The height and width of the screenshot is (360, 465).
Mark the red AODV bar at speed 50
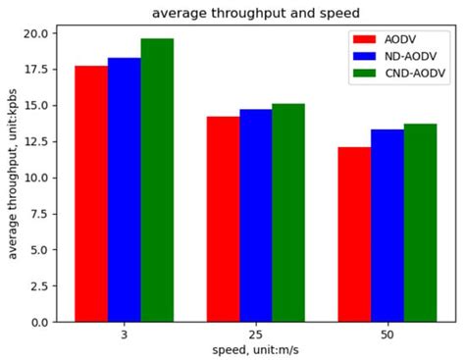[355, 234]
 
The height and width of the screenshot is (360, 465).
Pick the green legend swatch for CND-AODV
[365, 74]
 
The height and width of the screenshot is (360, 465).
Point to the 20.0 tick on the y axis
[35, 33]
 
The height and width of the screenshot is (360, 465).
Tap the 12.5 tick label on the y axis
[35, 141]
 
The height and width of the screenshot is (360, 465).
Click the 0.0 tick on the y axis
[39, 322]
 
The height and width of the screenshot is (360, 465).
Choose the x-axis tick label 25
[256, 335]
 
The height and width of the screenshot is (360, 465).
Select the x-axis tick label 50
[387, 335]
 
